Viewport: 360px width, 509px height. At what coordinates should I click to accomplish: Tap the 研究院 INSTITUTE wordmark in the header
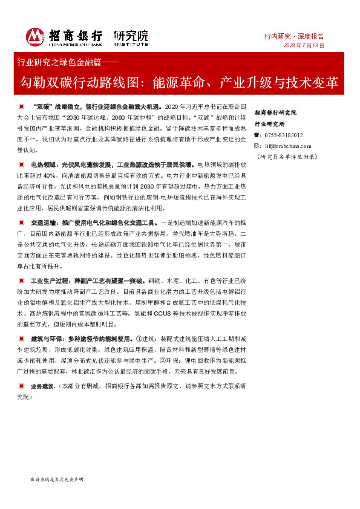point(130,37)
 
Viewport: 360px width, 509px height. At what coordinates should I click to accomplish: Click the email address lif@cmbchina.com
point(287,146)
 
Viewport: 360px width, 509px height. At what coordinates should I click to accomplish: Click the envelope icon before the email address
point(257,146)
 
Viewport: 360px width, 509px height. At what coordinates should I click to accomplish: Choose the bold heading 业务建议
point(43,385)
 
